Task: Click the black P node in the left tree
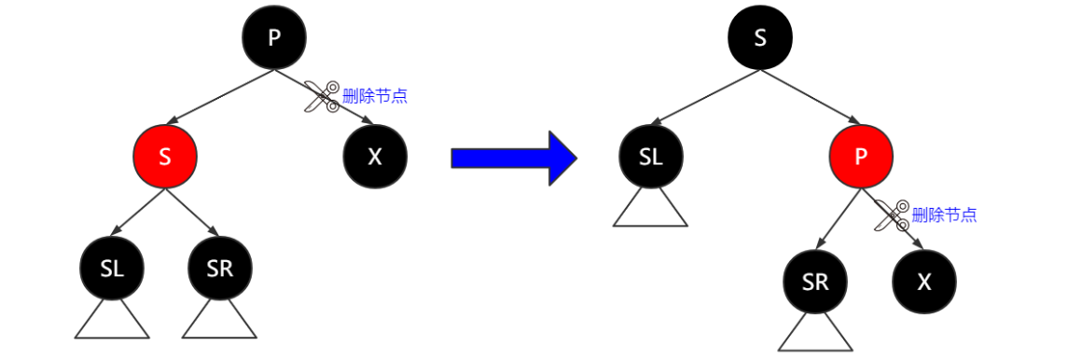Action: (274, 37)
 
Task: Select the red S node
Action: (165, 157)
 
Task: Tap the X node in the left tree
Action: (375, 157)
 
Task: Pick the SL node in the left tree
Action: (112, 270)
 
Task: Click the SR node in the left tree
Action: (219, 270)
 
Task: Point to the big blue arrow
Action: (513, 158)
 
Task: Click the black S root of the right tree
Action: (760, 37)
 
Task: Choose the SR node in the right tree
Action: (815, 282)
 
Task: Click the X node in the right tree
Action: (924, 282)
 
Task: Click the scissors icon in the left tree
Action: (322, 97)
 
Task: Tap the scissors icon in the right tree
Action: (892, 215)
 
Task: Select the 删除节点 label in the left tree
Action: (375, 95)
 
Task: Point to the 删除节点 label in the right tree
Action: (945, 215)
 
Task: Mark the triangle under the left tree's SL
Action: (112, 323)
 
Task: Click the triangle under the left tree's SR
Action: (219, 323)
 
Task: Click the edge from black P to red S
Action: (219, 97)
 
